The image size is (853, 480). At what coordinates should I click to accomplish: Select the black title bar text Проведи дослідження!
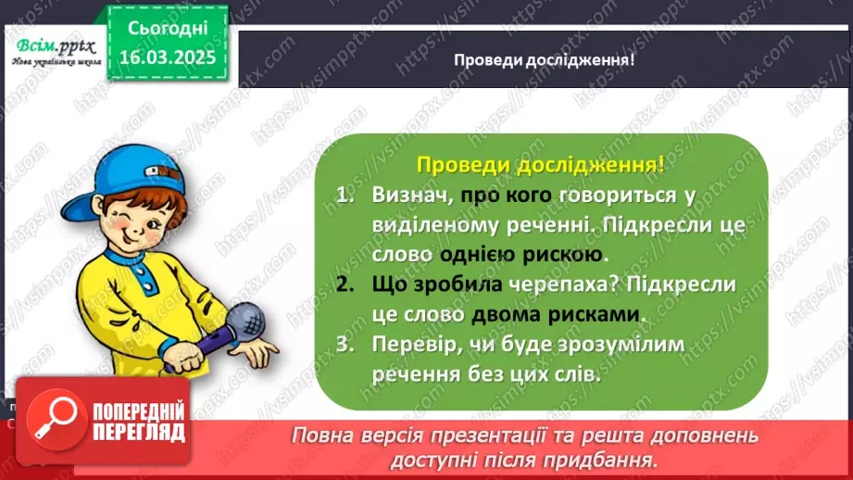tap(544, 59)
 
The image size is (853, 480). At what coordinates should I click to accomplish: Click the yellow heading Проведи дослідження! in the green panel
tap(540, 166)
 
